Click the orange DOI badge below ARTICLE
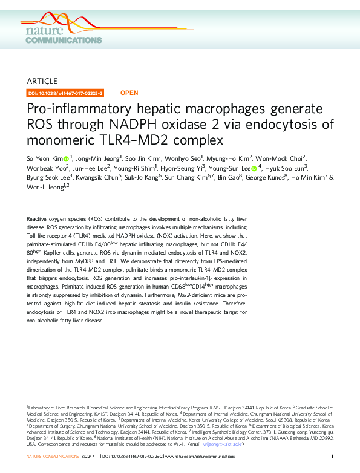point(66,93)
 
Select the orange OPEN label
point(129,93)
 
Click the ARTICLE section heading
point(42,81)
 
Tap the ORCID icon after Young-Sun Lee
point(254,168)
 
